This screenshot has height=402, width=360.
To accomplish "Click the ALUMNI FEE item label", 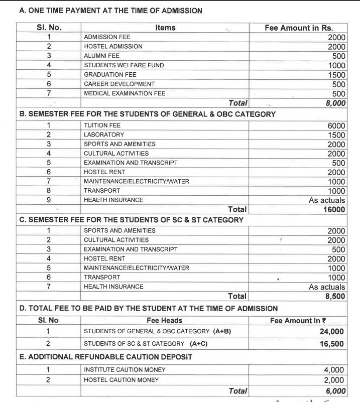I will [x=101, y=56].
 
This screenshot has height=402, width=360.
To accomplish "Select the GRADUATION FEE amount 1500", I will [x=336, y=74].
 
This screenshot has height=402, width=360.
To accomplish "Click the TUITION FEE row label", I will [x=102, y=125].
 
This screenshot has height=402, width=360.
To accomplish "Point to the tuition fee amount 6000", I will [x=336, y=125].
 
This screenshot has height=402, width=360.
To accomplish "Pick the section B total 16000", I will [x=334, y=209].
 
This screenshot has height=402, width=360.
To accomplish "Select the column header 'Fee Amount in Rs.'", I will [x=298, y=28].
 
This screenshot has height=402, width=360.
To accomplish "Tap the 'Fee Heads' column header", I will [x=165, y=320].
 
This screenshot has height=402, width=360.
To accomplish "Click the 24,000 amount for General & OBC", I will [x=332, y=331].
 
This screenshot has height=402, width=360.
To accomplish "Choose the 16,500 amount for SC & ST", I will [x=332, y=344].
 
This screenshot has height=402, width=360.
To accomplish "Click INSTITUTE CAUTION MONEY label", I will [x=125, y=370].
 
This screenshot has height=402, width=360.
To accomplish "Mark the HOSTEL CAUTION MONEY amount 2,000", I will [x=334, y=379].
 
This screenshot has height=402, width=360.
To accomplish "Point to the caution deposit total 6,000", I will [x=334, y=391].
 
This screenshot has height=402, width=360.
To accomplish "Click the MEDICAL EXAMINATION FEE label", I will [x=125, y=93].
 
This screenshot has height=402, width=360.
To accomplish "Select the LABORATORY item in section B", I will [x=104, y=135].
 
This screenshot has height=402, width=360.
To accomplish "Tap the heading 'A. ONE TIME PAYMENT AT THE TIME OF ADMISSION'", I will [x=110, y=11].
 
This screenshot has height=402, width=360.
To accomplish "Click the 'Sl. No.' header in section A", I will [x=49, y=28].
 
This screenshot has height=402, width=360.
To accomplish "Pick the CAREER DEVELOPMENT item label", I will [x=119, y=84].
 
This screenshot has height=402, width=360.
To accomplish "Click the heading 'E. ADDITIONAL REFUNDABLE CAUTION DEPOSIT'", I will [x=105, y=357].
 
